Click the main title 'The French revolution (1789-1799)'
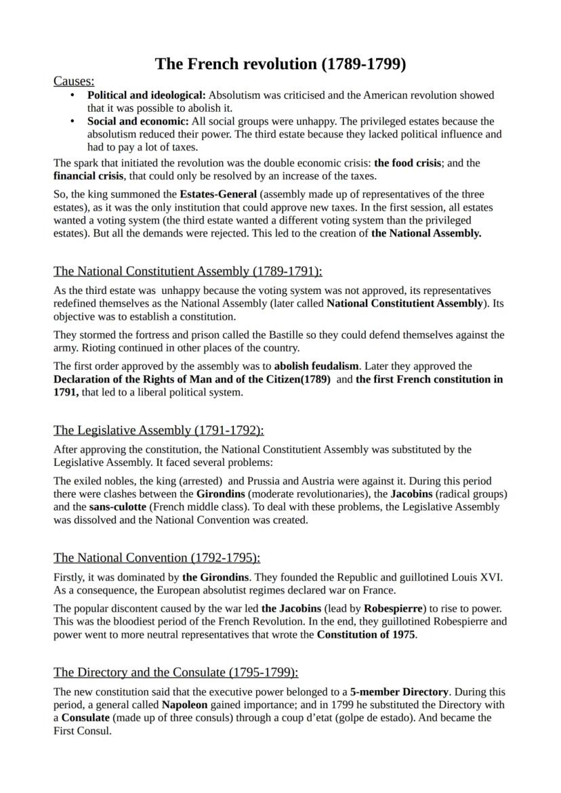(280, 64)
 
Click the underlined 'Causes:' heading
(73, 81)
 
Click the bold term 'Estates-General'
(218, 194)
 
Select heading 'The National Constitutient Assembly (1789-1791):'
(188, 272)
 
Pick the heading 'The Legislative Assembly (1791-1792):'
(159, 430)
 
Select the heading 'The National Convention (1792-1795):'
(157, 557)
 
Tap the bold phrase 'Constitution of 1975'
(366, 635)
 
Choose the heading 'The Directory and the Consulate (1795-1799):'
(175, 672)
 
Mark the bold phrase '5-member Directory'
(399, 692)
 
